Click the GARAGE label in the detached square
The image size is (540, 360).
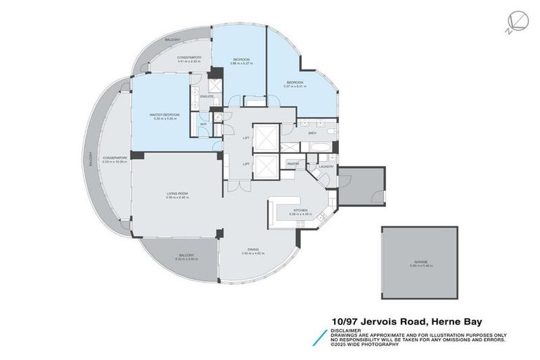[420, 261]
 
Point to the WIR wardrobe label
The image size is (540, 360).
[203, 125]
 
